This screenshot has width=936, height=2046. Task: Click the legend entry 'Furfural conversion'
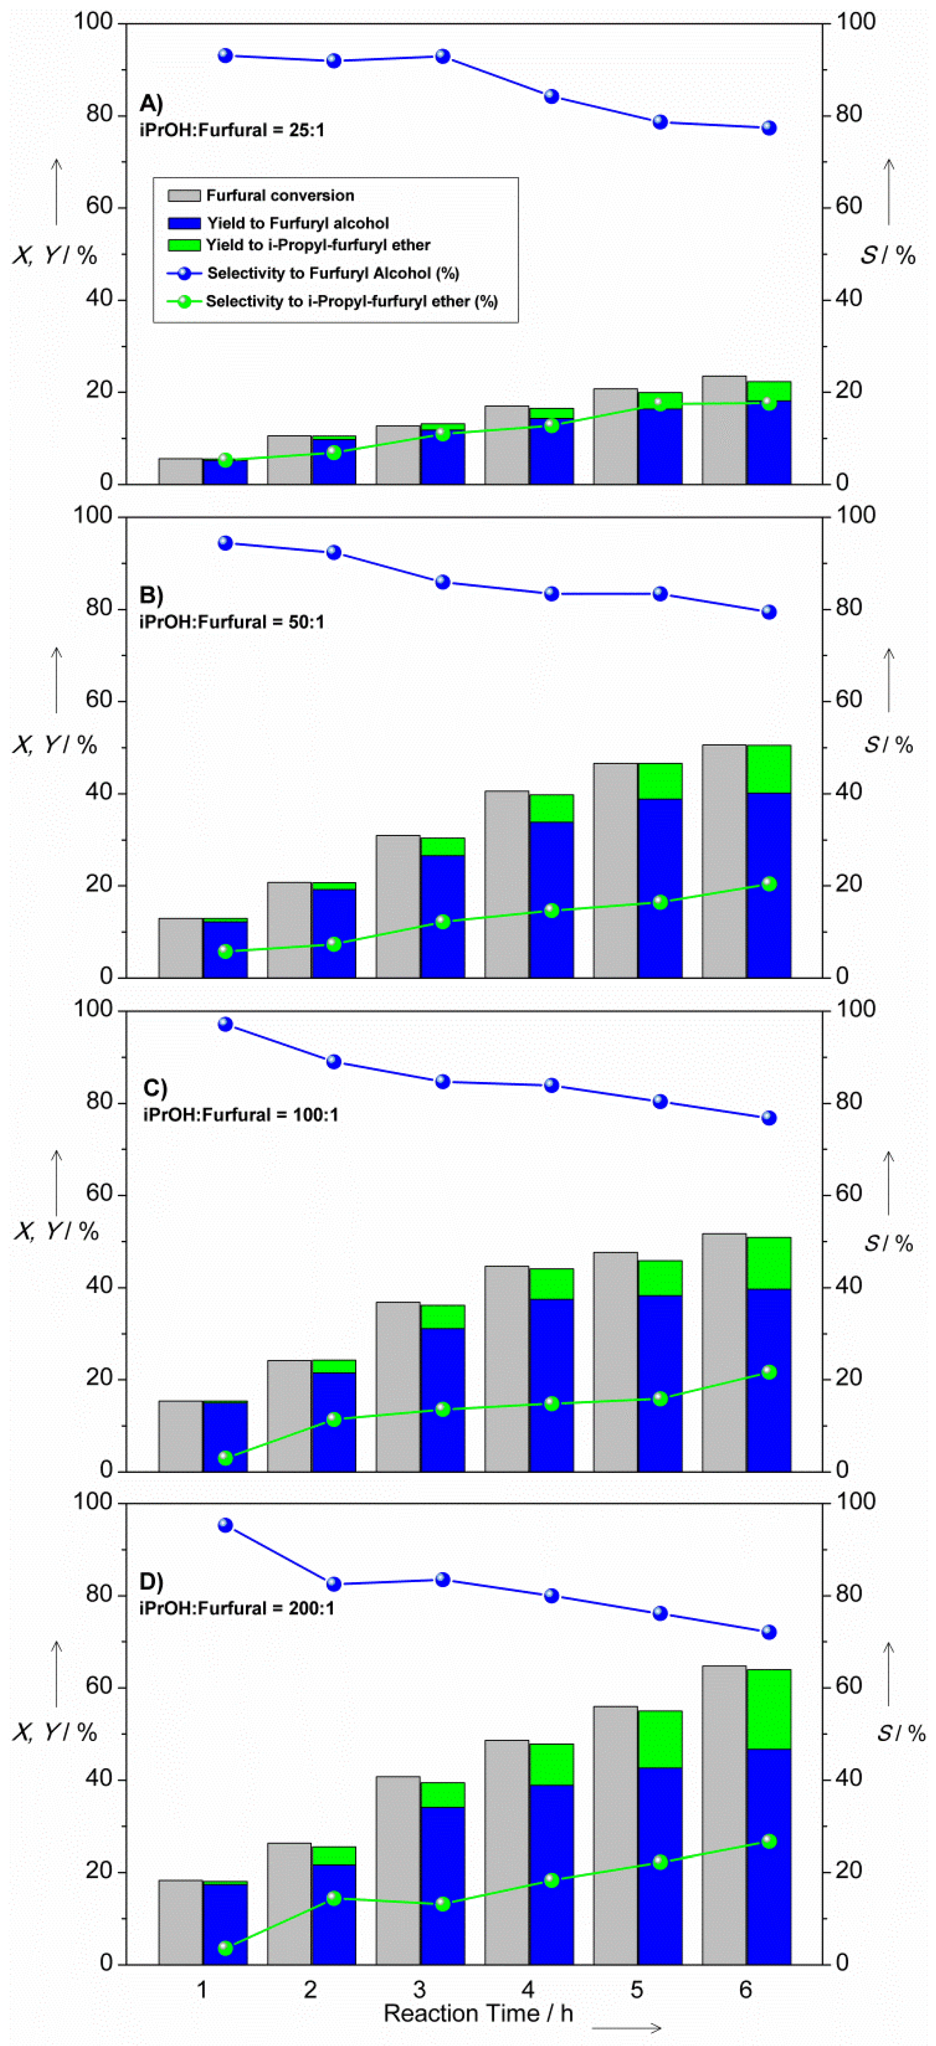[x=280, y=195]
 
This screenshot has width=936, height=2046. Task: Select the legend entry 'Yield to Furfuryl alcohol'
[x=297, y=223]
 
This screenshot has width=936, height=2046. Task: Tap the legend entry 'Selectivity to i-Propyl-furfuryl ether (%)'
[x=351, y=302]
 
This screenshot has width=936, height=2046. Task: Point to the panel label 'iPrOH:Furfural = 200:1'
[x=237, y=1609]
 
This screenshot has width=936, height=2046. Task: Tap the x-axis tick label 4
[x=528, y=1990]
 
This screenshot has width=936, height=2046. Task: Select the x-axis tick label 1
[x=202, y=1990]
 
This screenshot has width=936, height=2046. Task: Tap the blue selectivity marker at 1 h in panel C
[x=226, y=1025]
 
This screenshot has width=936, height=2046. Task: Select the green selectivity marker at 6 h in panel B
[x=768, y=884]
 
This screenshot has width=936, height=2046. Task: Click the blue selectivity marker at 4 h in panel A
[x=551, y=97]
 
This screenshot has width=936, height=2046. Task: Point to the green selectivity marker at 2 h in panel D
[x=334, y=1898]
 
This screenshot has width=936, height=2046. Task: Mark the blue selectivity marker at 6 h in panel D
[x=768, y=1632]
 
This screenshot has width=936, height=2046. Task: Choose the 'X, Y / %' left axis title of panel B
[x=54, y=745]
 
